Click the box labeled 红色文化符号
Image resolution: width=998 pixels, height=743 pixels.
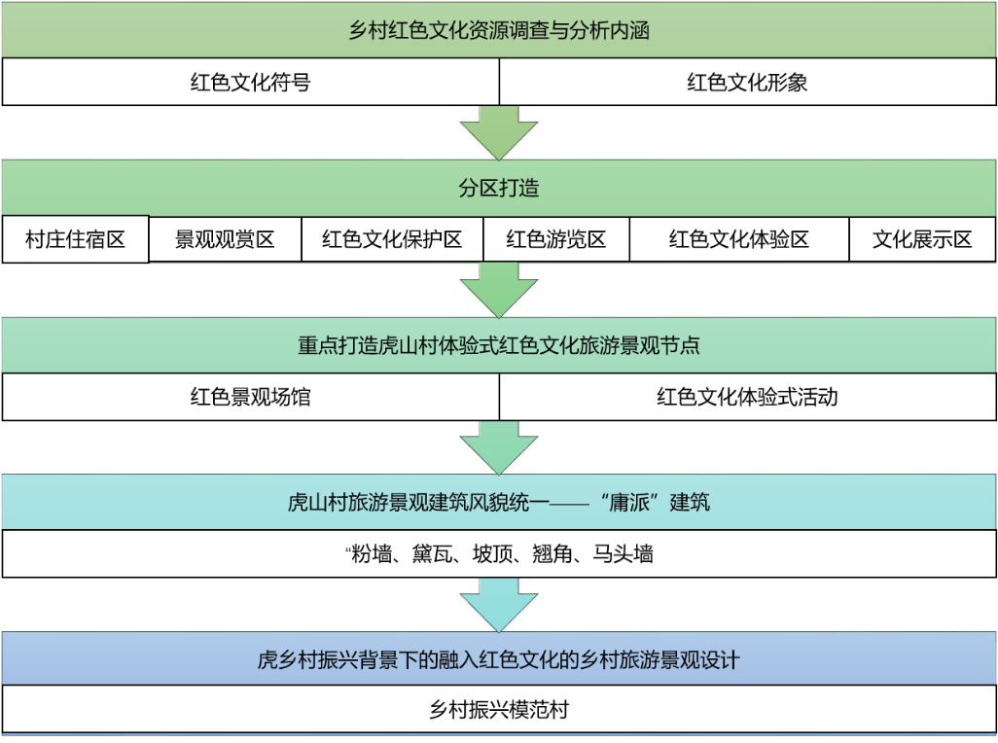click(251, 82)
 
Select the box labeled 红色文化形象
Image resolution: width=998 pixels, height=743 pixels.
click(748, 82)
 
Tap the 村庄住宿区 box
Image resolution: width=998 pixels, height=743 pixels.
click(75, 239)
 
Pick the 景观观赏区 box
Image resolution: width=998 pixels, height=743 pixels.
click(225, 239)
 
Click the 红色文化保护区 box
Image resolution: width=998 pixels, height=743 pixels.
click(392, 239)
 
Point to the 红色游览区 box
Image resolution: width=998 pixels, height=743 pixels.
click(556, 239)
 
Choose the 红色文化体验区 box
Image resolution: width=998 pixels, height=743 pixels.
click(739, 239)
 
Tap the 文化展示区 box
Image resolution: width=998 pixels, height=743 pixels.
click(922, 239)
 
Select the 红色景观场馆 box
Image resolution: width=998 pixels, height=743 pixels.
click(251, 397)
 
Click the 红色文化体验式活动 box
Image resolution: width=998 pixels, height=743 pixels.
click(748, 397)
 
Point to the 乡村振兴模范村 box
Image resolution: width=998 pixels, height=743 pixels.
click(499, 709)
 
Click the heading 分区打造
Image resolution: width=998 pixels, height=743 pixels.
click(499, 188)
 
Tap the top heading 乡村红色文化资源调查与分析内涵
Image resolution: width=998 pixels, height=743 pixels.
click(499, 30)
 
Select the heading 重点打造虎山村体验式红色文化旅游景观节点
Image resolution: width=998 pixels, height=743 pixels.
click(499, 345)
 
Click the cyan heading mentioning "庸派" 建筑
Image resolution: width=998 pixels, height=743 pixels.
click(499, 502)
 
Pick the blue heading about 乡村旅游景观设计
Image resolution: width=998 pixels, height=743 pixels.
click(499, 659)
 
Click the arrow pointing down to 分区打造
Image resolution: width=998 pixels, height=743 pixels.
click(499, 133)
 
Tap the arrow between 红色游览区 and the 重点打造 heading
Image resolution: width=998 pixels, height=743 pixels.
click(499, 290)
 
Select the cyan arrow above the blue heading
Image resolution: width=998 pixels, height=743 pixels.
click(499, 605)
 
